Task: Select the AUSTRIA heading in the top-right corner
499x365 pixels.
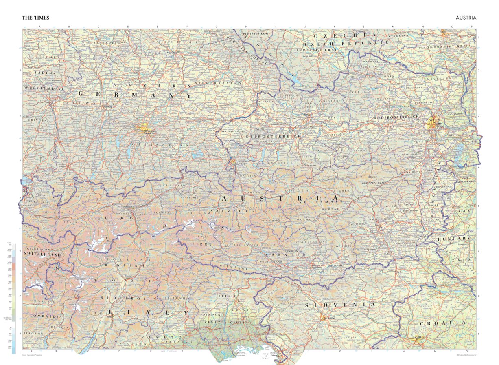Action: tap(466, 18)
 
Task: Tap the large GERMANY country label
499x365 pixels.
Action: tap(135, 95)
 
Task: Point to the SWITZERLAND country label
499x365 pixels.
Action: tap(42, 254)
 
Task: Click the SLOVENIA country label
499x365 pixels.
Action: tap(340, 305)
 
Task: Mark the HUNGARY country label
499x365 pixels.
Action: tap(454, 238)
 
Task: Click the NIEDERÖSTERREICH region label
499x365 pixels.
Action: tap(396, 117)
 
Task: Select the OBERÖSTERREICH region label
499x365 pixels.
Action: tap(273, 136)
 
